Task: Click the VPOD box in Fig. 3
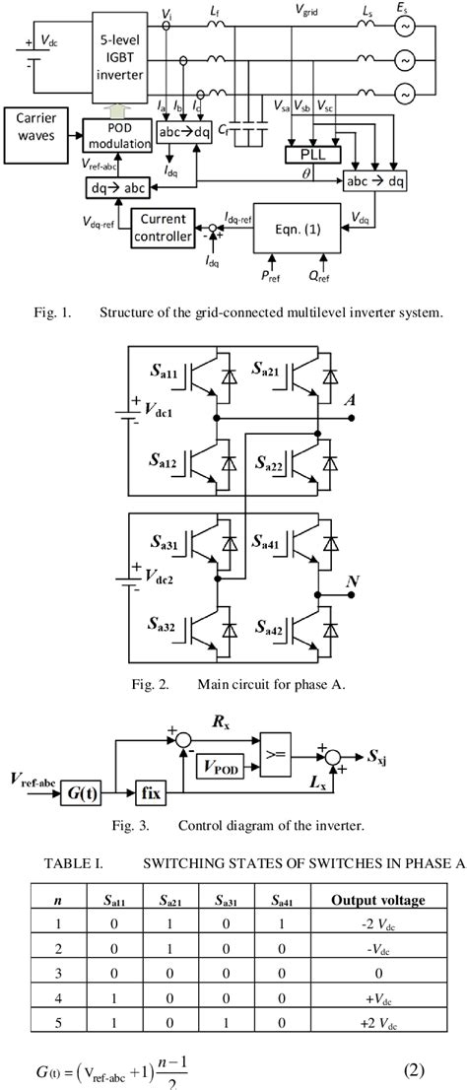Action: click(x=227, y=765)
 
